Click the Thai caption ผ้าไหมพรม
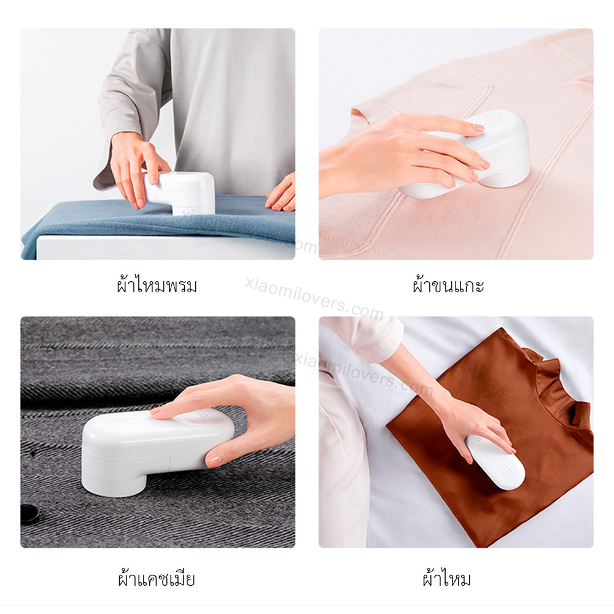click(157, 285)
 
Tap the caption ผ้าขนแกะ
click(448, 285)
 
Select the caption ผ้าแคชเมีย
click(157, 578)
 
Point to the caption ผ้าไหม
click(447, 578)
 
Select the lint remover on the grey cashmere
click(157, 450)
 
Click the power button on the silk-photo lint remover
click(507, 471)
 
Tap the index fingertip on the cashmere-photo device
click(157, 412)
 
